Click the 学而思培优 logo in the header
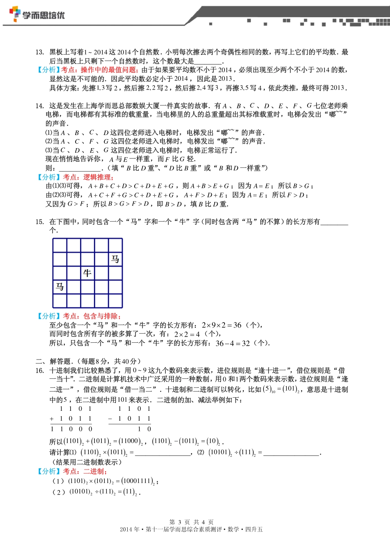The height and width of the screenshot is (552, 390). click(37, 15)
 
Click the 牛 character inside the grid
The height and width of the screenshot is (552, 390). click(87, 273)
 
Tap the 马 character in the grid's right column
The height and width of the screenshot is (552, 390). click(115, 259)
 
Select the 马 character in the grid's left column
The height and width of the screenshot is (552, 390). click(60, 286)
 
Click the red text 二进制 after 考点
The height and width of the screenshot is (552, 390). click(94, 472)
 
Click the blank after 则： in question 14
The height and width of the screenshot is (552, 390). click(80, 168)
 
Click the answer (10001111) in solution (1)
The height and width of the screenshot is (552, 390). click(138, 481)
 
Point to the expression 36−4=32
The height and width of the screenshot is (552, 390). click(232, 343)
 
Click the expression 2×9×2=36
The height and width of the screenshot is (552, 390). click(221, 325)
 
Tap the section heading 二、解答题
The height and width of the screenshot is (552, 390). click(53, 361)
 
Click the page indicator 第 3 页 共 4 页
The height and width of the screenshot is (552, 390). click(191, 522)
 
